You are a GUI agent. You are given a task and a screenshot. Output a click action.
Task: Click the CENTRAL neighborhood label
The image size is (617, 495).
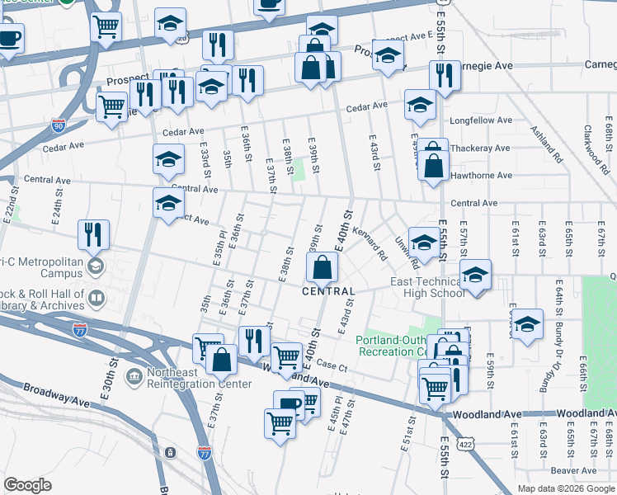click(x=328, y=291)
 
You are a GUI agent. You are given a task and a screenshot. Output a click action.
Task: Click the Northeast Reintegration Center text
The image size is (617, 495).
click(x=199, y=378)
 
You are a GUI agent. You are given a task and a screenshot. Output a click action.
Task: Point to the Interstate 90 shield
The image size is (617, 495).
click(x=58, y=125)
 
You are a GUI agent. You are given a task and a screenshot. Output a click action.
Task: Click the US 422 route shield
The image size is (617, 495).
click(x=466, y=444)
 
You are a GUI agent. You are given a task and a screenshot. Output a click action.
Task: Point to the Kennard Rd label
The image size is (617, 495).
click(x=370, y=245)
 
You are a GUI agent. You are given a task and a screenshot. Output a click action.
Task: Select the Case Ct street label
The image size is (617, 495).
click(x=329, y=365)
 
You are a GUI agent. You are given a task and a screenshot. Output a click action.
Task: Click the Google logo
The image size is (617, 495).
click(x=27, y=485)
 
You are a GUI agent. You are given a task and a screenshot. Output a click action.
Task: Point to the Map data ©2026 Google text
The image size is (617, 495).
click(x=566, y=488)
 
